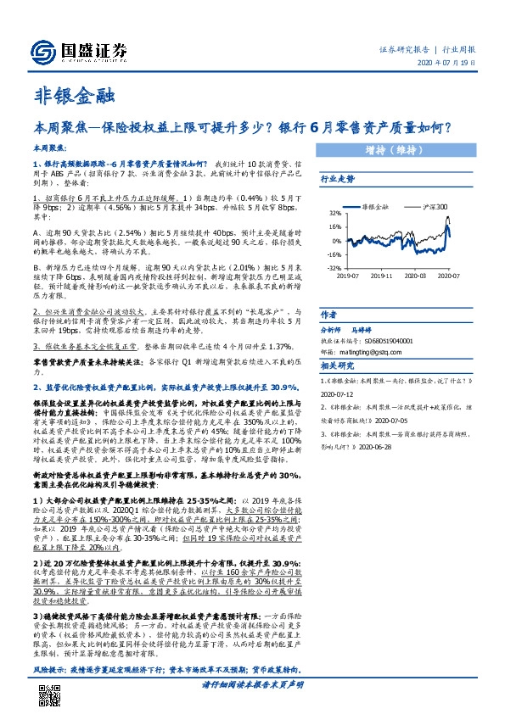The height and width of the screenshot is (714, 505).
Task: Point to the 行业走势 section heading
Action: tap(336, 179)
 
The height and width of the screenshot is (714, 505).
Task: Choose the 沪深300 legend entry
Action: tap(433, 206)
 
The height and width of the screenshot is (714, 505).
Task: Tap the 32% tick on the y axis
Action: tap(336, 214)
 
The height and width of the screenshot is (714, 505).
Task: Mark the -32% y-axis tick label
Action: tap(334, 267)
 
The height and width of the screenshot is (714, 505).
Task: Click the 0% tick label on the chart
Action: tap(337, 241)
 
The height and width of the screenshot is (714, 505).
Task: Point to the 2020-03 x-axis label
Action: tap(416, 276)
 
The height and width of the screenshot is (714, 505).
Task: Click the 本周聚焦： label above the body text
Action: tap(52, 148)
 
